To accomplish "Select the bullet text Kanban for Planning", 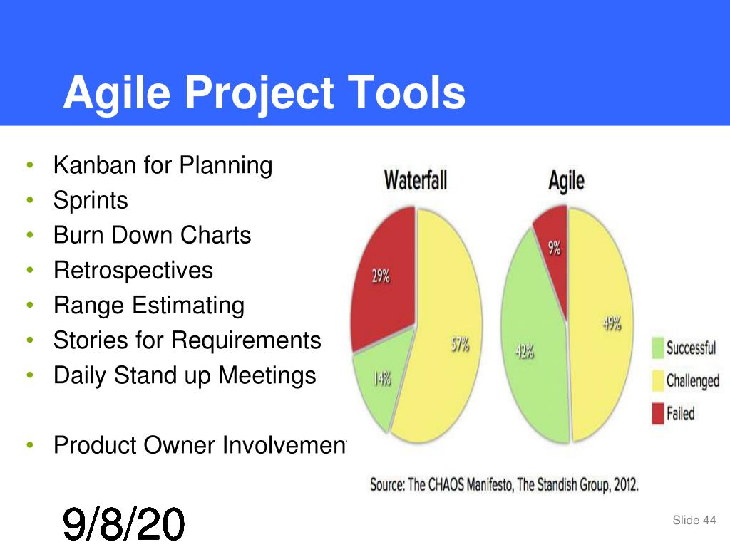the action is pos(163,165).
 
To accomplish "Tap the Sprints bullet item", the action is pos(91,201).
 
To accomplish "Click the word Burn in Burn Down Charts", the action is pos(78,235).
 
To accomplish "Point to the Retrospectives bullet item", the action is pos(133,271).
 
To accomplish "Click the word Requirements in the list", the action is pos(246,340).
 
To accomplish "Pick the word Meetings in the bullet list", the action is pos(267,376).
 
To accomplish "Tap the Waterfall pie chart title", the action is pos(416,180).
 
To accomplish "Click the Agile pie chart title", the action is pos(566,180).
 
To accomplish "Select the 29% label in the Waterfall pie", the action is pos(381,276).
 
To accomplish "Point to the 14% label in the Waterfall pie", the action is pos(382,379).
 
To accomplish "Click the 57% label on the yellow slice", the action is pos(460,345).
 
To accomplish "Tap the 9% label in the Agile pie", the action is pos(554,249).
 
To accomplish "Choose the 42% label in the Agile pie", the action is pos(525,352).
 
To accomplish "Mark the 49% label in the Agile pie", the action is pos(612,323).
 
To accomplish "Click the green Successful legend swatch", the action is pos(658,348).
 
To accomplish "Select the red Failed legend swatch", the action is pos(658,414).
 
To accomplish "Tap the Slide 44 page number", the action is pos(694,520).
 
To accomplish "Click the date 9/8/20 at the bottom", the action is pos(123,524).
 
